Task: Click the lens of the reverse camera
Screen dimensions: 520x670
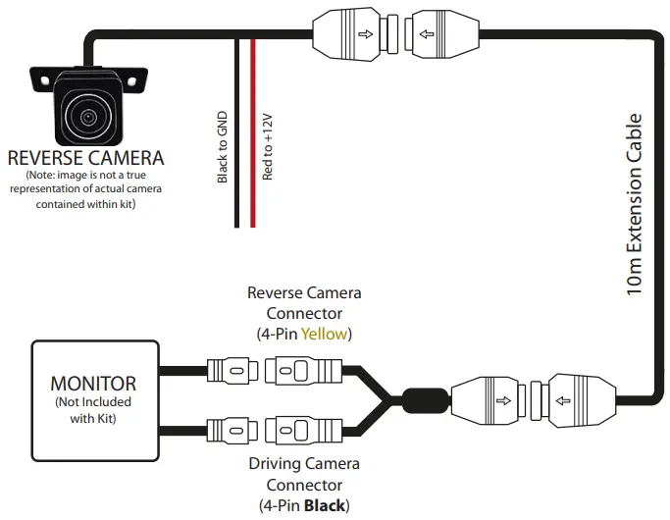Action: [x=89, y=116]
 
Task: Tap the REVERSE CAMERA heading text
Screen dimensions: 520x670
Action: [x=85, y=158]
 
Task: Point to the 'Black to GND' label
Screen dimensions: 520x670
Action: [x=223, y=146]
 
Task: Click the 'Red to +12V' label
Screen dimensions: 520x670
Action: [x=267, y=146]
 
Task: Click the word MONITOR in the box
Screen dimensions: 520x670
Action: [x=93, y=382]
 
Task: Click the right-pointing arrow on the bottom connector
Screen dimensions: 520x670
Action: [x=502, y=399]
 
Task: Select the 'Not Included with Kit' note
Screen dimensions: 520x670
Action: [x=93, y=409]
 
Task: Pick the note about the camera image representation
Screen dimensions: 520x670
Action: [x=85, y=189]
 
